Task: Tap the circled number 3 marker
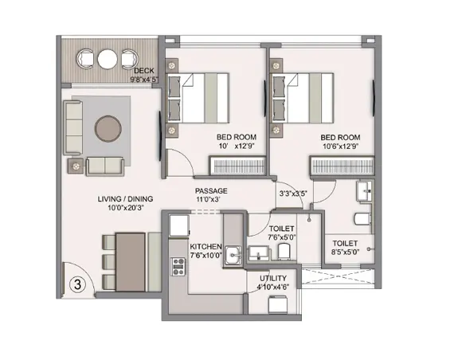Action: [76, 283]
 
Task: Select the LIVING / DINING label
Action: [125, 199]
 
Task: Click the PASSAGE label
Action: [211, 191]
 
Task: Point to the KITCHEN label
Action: [205, 246]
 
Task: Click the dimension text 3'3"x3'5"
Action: [293, 194]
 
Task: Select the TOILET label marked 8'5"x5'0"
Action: [345, 243]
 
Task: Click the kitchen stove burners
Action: [177, 268]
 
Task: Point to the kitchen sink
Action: [233, 256]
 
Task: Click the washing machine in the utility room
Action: [277, 304]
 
